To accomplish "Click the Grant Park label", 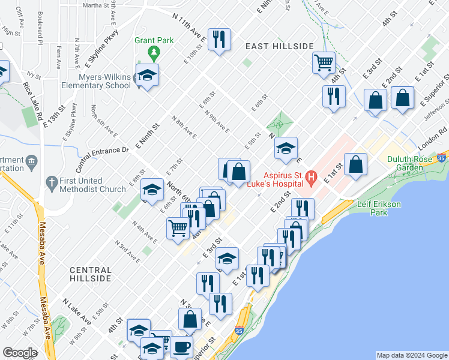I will click(154, 41).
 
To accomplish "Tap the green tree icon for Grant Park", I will click(154, 54).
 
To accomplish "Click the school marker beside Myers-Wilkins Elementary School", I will click(146, 75).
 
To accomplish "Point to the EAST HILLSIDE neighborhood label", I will click(280, 46).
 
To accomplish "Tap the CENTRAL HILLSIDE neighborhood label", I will click(90, 274).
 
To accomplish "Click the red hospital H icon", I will click(311, 178).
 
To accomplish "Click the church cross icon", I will click(53, 181).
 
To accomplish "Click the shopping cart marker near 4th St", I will click(324, 62).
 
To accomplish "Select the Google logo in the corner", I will click(19, 353).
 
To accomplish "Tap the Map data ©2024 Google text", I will click(412, 355).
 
